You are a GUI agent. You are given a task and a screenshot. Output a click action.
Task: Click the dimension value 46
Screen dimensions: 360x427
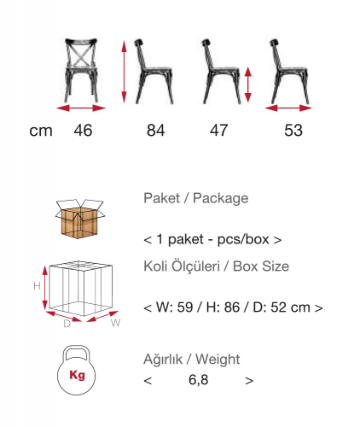point(83,131)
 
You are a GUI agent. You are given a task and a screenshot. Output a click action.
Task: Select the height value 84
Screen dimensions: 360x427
point(156,131)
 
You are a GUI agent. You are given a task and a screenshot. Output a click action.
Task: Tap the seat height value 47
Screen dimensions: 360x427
point(219,131)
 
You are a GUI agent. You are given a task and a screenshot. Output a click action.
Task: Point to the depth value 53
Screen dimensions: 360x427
point(293,131)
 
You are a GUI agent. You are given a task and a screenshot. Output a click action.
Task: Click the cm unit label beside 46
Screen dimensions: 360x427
point(41,132)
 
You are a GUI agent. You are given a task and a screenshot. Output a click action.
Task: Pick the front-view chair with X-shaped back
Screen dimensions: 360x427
point(82,70)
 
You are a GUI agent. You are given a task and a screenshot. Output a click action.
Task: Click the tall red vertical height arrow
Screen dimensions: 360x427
point(124,72)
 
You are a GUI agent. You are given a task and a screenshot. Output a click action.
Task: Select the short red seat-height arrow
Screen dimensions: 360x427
point(248,85)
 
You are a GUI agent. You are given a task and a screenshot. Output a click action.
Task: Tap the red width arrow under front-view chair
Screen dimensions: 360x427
point(81,108)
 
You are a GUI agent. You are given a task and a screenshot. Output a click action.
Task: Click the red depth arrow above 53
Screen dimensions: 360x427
point(288,108)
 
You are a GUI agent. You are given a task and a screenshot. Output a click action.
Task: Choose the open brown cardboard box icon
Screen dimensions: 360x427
point(80,219)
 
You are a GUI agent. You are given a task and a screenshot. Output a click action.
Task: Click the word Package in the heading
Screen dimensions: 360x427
point(220,198)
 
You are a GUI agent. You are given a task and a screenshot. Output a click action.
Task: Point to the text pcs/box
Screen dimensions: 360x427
point(243,239)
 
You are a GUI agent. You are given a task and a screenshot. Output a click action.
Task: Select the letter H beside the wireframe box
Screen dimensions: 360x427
point(37,286)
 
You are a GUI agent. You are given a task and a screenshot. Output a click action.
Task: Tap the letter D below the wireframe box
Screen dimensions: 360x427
point(67,324)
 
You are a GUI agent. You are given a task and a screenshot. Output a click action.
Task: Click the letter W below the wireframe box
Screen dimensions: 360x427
point(115,323)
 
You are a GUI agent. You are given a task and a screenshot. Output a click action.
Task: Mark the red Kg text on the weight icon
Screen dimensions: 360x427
point(77,375)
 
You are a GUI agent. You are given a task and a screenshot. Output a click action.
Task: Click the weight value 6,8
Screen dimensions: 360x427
point(199,380)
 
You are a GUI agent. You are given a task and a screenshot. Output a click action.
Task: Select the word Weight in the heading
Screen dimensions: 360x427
point(218,360)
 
